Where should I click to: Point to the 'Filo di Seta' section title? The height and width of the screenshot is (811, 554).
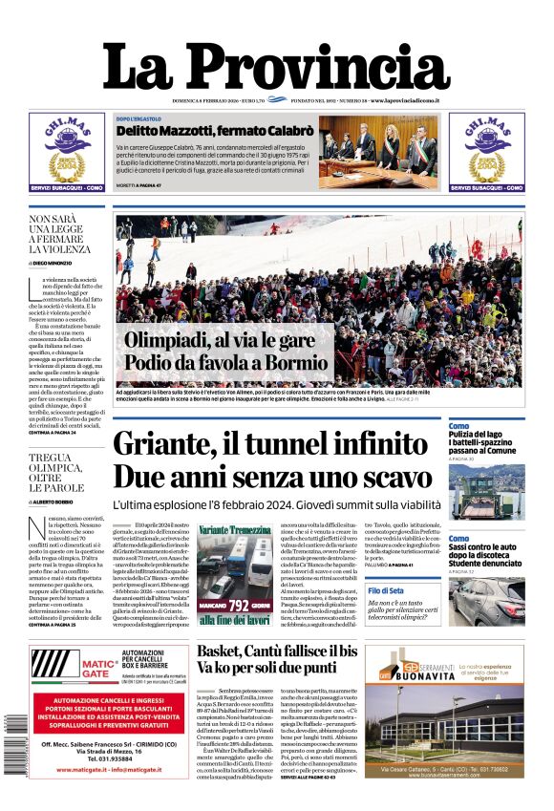pyautogui.click(x=387, y=592)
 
